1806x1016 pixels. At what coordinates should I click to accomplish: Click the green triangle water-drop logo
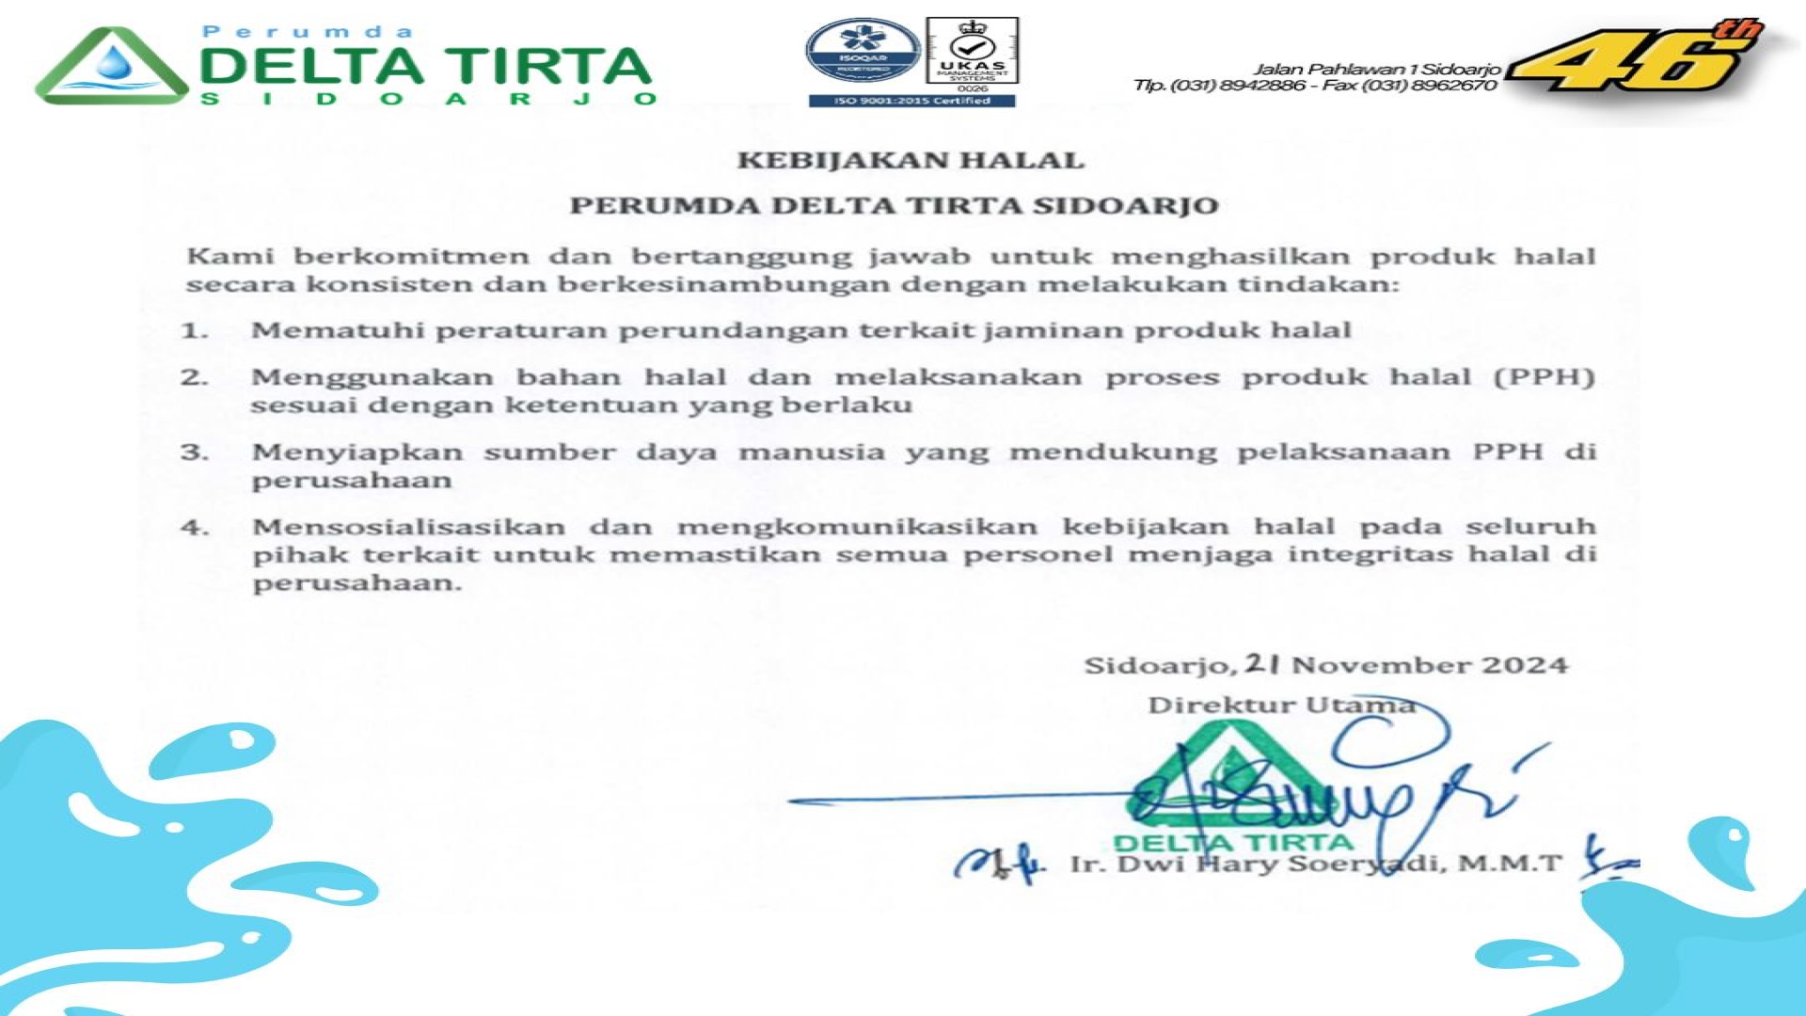111,66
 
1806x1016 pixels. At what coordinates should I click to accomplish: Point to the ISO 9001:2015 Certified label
911,101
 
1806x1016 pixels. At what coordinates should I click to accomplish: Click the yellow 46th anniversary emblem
1637,58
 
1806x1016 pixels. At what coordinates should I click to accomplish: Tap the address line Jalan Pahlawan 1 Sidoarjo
1377,69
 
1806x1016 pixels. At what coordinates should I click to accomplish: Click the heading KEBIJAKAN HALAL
910,161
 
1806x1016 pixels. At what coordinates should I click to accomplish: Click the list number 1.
194,331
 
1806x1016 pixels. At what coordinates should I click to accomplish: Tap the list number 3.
194,452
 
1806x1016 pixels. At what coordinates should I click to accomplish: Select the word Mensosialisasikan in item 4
408,527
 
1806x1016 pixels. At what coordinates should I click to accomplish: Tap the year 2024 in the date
1525,666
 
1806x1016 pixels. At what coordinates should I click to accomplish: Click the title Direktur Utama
1280,706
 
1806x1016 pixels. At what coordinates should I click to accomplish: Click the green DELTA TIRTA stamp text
1232,841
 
